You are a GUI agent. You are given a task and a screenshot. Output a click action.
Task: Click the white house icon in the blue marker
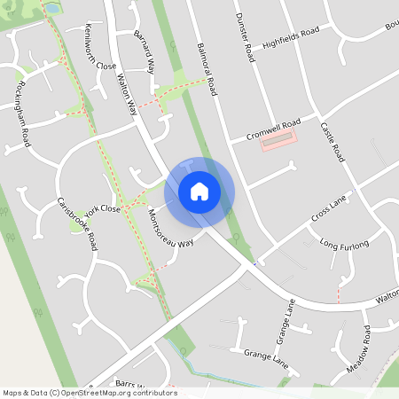pos(199,191)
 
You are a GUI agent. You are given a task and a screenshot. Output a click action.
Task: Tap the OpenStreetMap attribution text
pos(90,393)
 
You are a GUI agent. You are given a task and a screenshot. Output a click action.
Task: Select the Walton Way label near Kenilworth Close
pos(128,94)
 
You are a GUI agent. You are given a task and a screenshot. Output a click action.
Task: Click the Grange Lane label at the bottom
pos(267,356)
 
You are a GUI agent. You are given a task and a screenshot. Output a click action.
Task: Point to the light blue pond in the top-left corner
pos(51,8)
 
